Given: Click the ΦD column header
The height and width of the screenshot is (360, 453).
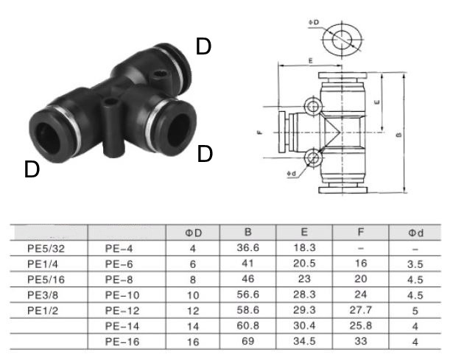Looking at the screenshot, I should click(x=194, y=233).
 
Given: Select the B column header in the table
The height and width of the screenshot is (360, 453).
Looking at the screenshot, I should click(x=248, y=233).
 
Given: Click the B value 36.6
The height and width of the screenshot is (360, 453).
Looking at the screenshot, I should click(x=248, y=249).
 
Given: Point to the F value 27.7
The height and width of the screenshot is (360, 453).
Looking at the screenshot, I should click(x=359, y=311).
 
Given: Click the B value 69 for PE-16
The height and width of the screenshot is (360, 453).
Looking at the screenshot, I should click(x=248, y=342).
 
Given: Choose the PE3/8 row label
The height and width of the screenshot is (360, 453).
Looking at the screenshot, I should click(x=43, y=295).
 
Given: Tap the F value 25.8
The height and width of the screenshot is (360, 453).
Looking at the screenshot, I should click(x=359, y=326).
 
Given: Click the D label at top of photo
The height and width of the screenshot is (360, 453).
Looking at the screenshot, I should click(x=203, y=46).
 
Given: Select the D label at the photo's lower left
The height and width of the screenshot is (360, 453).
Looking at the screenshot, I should click(x=31, y=169).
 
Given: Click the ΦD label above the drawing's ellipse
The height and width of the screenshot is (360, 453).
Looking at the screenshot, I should click(x=314, y=23).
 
